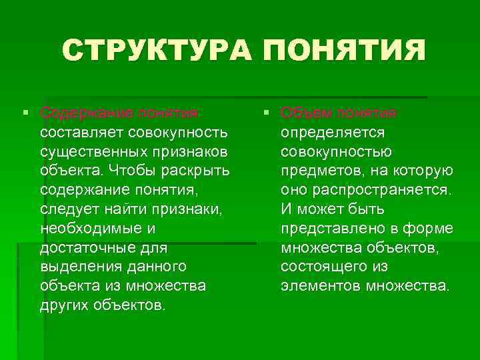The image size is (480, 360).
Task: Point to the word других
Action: click(x=65, y=305)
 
